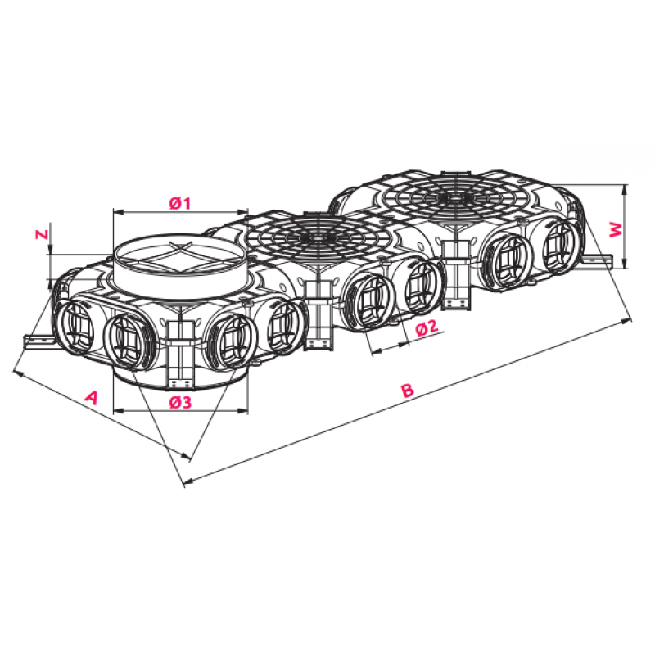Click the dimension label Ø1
pyautogui.click(x=180, y=203)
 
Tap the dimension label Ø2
pyautogui.click(x=427, y=327)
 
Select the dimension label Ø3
pyautogui.click(x=180, y=402)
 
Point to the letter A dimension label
pyautogui.click(x=91, y=397)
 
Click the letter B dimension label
pyautogui.click(x=407, y=390)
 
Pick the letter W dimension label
pyautogui.click(x=617, y=230)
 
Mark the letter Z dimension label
pyautogui.click(x=42, y=234)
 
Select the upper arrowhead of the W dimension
pyautogui.click(x=624, y=189)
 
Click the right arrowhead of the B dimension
pyautogui.click(x=626, y=321)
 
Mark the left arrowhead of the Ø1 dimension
pyautogui.click(x=119, y=212)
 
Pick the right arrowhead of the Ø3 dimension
pyautogui.click(x=243, y=411)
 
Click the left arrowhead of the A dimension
pyautogui.click(x=17, y=372)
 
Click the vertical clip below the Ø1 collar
pyautogui.click(x=180, y=355)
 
